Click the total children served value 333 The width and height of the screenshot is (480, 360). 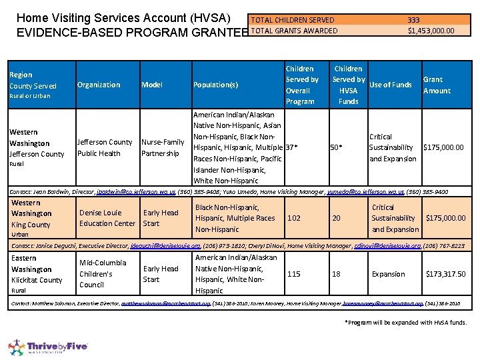(413, 20)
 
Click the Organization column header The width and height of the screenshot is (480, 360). (99, 85)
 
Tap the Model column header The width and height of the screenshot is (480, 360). (152, 85)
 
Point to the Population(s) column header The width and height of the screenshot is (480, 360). (215, 85)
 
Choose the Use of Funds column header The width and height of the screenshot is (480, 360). (391, 85)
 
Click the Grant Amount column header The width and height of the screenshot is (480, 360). (437, 85)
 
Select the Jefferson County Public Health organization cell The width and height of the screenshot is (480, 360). (105, 147)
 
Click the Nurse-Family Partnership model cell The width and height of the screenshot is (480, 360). (163, 147)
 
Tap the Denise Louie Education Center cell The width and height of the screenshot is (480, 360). (107, 218)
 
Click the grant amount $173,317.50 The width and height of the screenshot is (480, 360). (445, 274)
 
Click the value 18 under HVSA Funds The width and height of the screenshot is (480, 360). (336, 274)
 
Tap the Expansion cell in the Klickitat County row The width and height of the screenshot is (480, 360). (388, 274)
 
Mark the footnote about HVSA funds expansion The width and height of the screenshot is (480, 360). (405, 323)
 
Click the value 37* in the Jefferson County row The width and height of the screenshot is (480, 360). (291, 147)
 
